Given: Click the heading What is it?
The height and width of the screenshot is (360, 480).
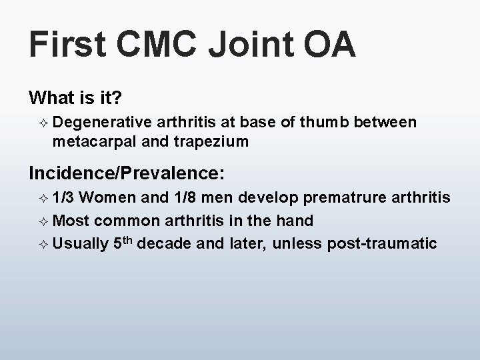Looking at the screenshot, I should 75,98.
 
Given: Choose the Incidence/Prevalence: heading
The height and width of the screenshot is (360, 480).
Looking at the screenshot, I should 127,174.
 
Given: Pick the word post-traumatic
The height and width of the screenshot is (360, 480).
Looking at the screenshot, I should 382,243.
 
